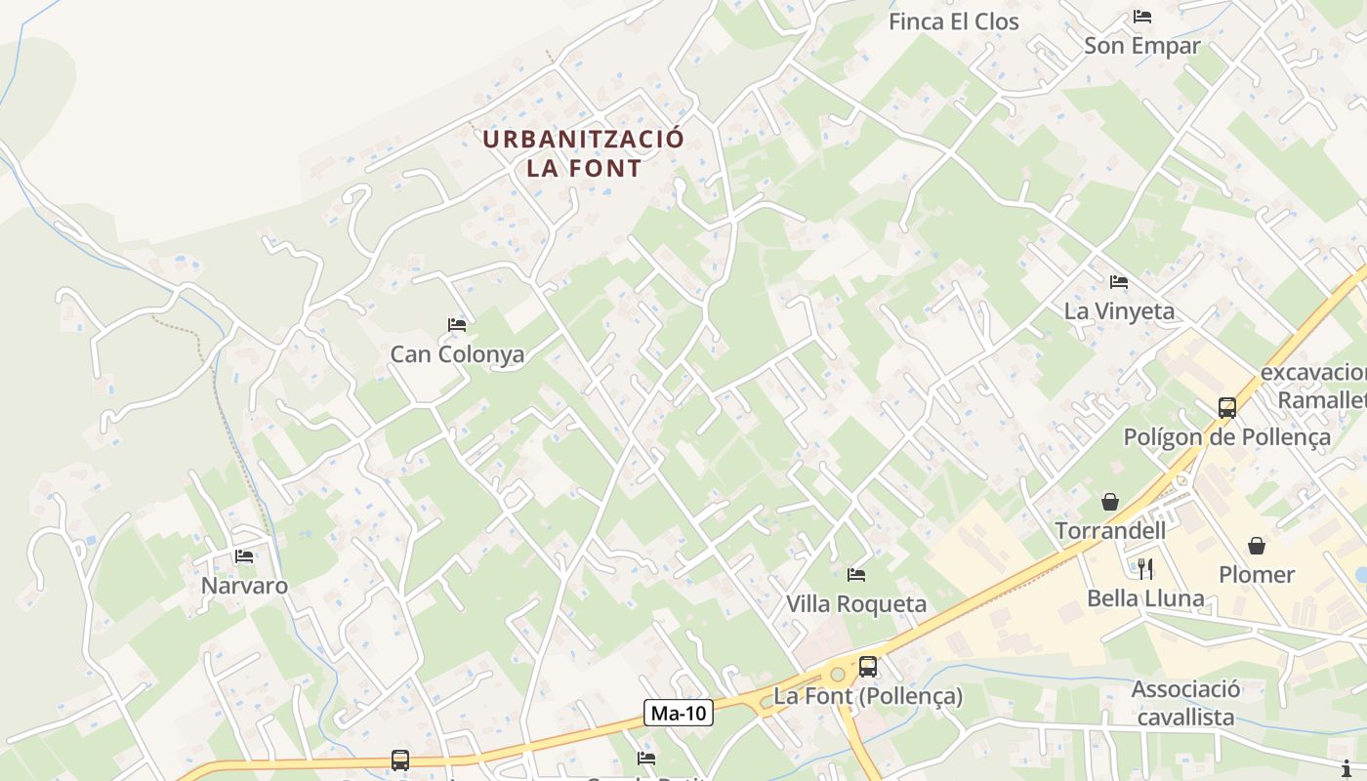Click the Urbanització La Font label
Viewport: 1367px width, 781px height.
point(584,153)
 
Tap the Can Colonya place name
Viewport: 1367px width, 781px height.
point(457,354)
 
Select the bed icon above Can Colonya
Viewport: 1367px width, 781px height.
point(457,324)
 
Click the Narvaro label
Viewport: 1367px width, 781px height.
point(244,586)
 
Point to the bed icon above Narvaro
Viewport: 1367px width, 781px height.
point(244,556)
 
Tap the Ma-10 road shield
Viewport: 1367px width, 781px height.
point(680,713)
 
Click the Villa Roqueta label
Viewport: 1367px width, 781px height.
point(856,604)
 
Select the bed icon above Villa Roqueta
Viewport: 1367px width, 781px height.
point(856,574)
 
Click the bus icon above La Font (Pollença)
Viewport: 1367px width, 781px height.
point(868,667)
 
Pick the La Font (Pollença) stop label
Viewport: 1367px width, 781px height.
point(868,696)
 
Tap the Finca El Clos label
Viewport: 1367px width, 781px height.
point(953,21)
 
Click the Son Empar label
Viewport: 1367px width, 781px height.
point(1142,45)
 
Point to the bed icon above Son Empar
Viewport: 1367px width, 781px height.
point(1142,17)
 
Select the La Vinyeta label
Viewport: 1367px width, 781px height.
point(1119,311)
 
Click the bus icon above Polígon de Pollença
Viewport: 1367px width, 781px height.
point(1227,407)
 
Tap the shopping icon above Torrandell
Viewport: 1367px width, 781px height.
point(1110,502)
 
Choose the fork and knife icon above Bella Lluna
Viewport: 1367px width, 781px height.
point(1145,568)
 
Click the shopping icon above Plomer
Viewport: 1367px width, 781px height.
point(1257,546)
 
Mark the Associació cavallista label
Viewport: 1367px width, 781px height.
point(1185,703)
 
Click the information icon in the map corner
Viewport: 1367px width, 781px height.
point(1347,767)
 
